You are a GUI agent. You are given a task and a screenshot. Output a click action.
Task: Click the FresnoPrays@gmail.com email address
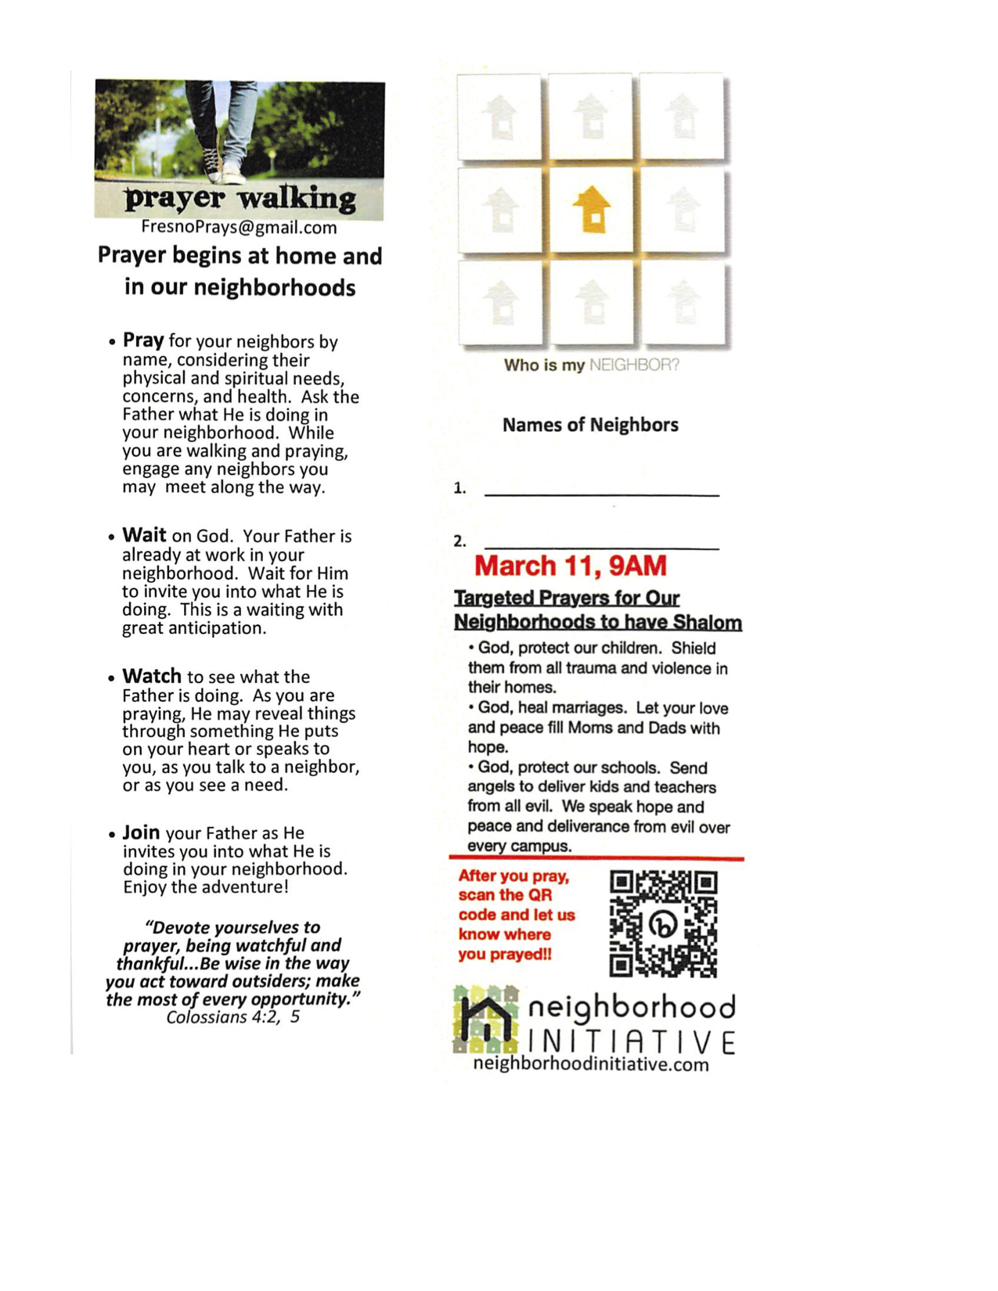pos(239,228)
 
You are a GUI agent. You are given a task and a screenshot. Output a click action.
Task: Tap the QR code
pos(663,923)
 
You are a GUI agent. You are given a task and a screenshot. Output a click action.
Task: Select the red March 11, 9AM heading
pos(570,566)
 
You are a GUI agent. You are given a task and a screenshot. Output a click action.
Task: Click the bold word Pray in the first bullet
pos(143,340)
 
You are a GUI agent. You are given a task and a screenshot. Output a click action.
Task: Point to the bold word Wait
pos(144,535)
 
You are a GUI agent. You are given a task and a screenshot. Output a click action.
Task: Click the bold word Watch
pos(152,676)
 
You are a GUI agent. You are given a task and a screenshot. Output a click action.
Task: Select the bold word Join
pos(141,832)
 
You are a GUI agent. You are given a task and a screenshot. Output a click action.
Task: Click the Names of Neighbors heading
pos(590,425)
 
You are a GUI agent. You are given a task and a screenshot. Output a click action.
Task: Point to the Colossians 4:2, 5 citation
pos(232,1017)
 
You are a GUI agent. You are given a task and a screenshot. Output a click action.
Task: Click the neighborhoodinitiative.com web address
pos(591,1064)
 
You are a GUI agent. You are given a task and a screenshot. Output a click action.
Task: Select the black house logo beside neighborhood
pos(486,1020)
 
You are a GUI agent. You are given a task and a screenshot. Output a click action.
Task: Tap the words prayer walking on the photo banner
pos(240,199)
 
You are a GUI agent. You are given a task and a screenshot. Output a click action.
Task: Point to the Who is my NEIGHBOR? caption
pos(591,365)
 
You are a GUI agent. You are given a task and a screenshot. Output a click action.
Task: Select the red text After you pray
pos(513,876)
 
